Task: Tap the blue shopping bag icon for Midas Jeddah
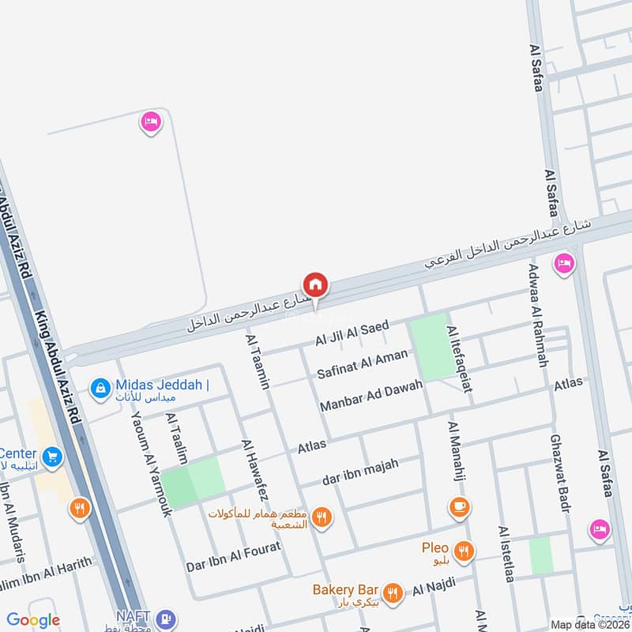coord(100,388)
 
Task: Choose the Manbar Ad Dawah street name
coord(371,396)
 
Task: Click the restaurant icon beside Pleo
coord(465,551)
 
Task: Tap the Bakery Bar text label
coord(345,589)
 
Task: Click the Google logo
coord(33,620)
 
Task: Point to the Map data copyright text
coord(590,624)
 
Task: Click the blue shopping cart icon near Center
coord(53,457)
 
